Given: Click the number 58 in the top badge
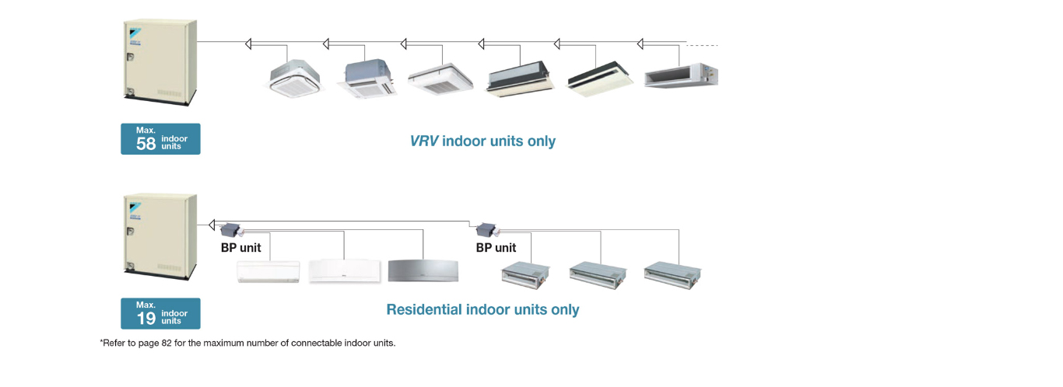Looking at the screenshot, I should (x=146, y=143).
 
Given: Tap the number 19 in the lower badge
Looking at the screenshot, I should (x=146, y=317).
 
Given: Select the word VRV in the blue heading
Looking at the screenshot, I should (x=424, y=141).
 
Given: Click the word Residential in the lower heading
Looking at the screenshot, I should (x=424, y=309).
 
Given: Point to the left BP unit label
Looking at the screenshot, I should (x=241, y=248).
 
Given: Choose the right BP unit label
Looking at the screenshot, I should (x=496, y=248).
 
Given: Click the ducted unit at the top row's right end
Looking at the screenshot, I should (x=681, y=75).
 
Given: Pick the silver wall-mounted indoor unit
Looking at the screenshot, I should (x=423, y=270).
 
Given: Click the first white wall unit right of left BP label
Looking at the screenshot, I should (x=268, y=270).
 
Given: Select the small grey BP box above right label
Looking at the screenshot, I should (x=486, y=229).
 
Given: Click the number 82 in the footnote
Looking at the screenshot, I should (x=166, y=343).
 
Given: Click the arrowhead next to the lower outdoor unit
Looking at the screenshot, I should (x=211, y=225).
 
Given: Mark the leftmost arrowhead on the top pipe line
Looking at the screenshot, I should (x=249, y=44).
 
